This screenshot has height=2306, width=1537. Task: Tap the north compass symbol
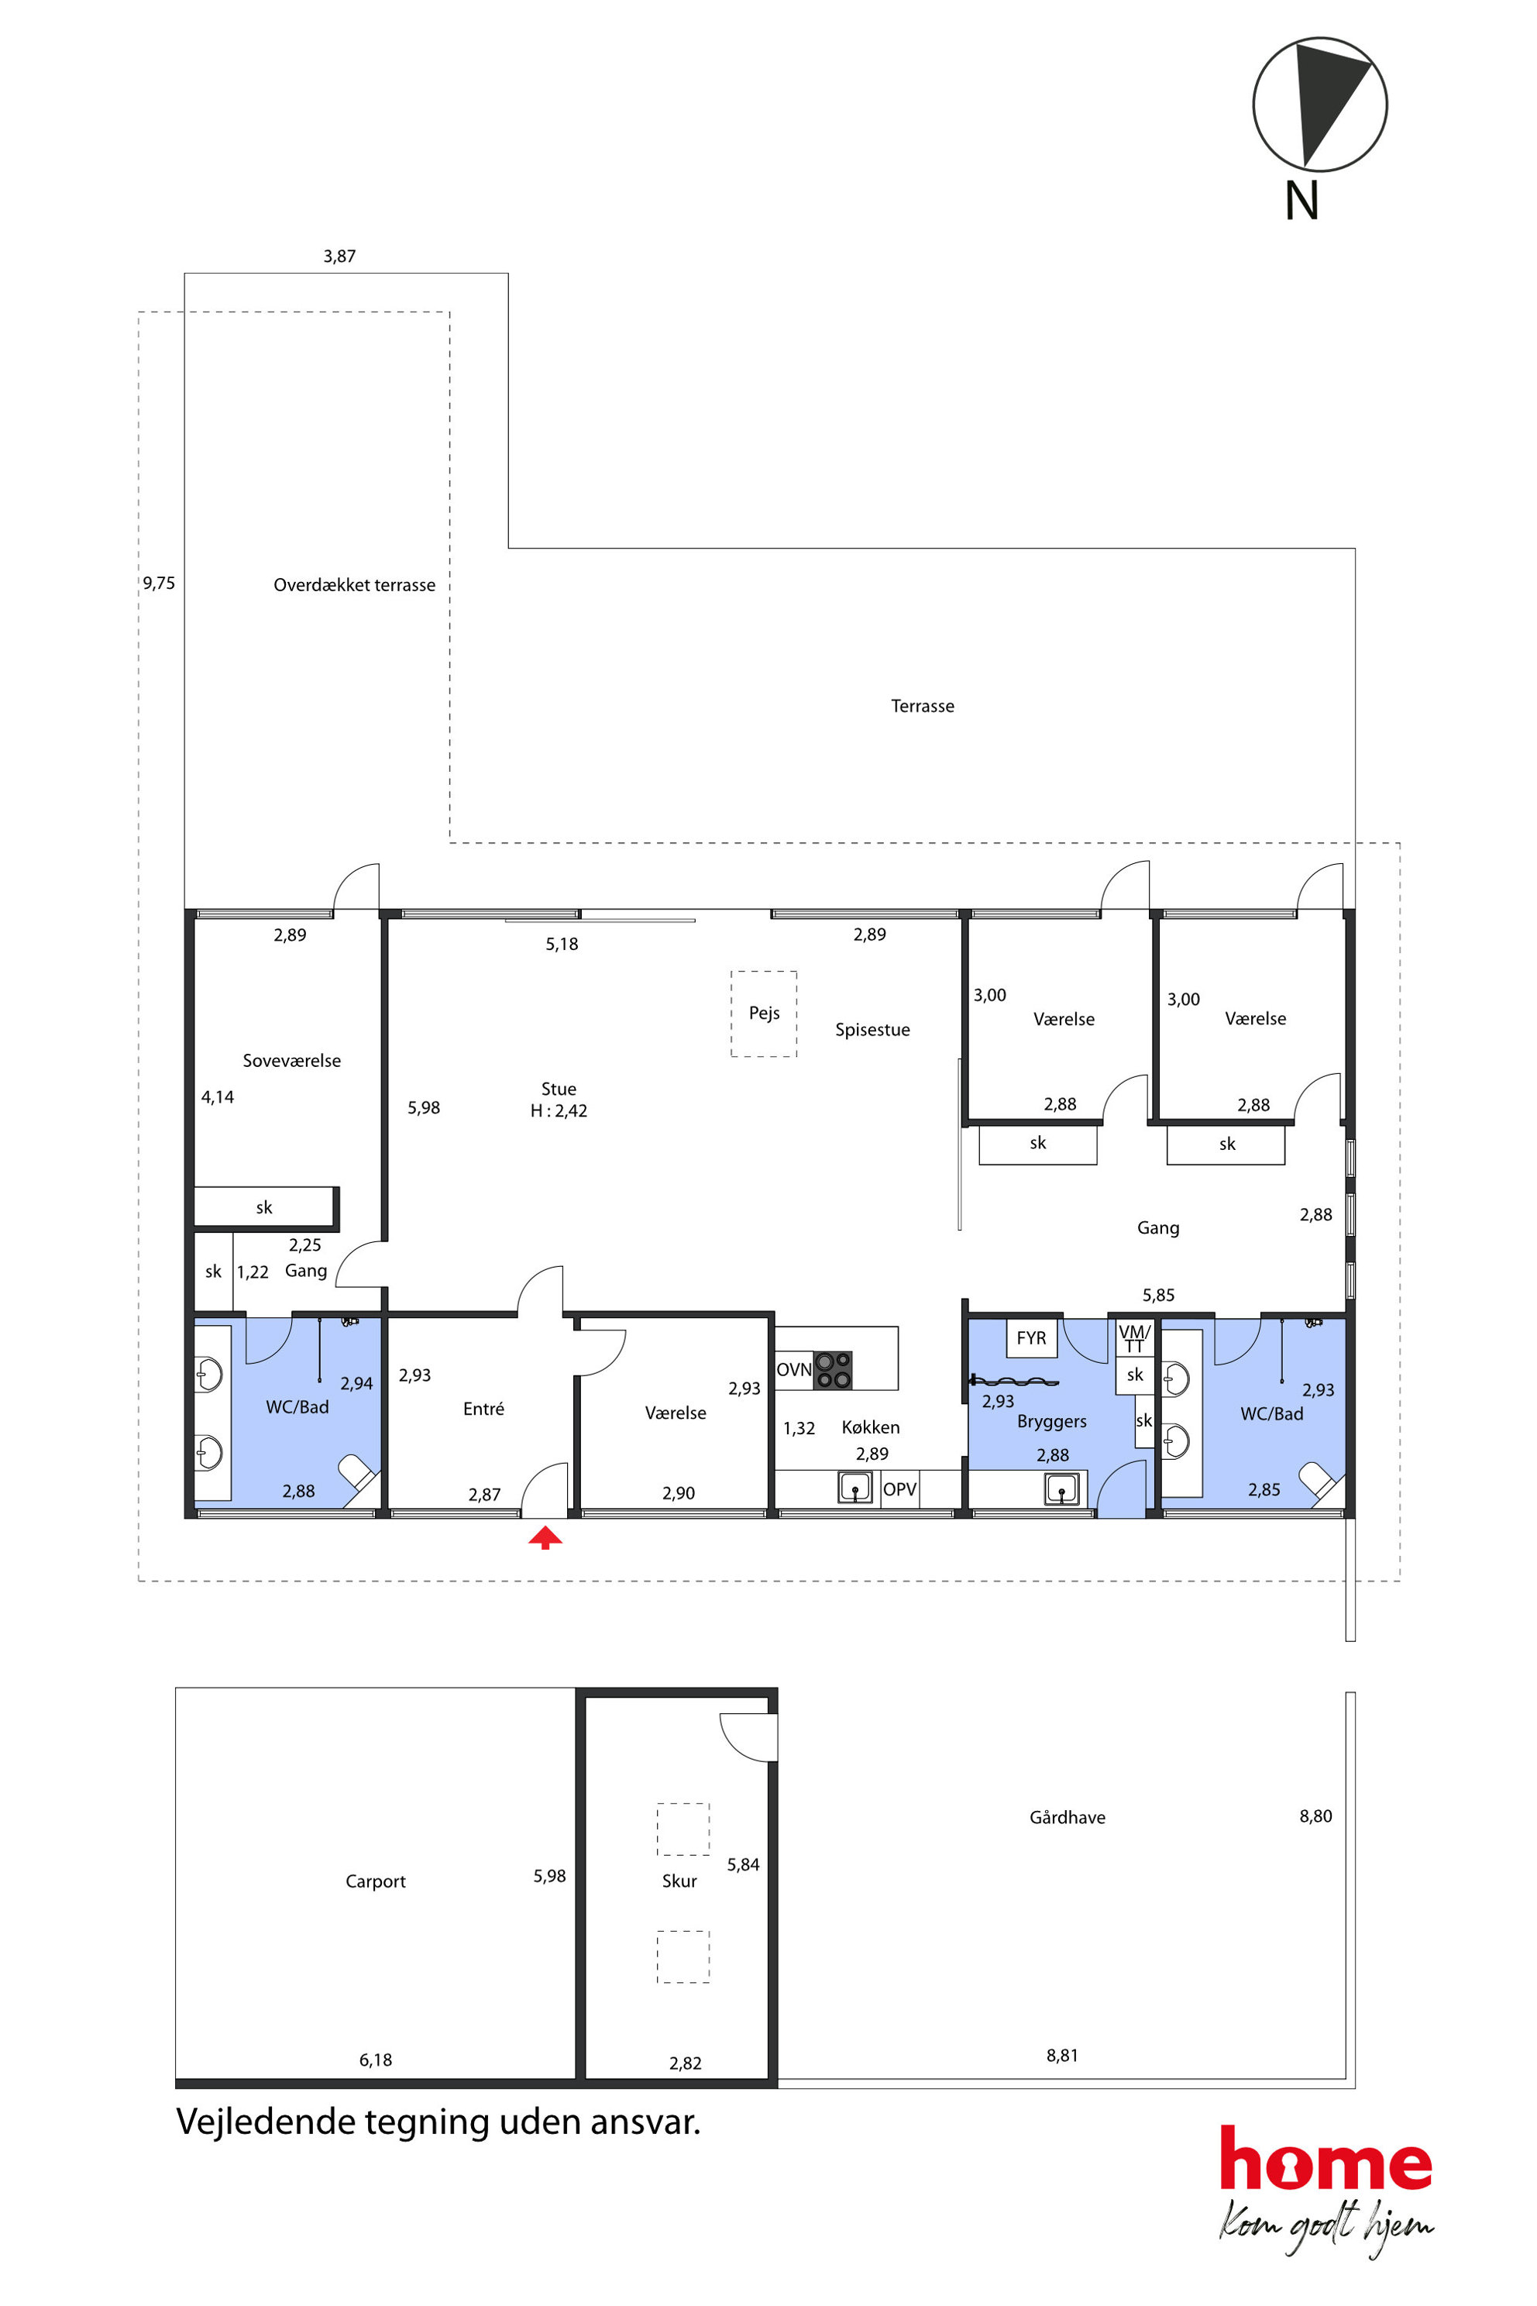tap(1319, 104)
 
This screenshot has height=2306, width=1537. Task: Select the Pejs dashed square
tap(764, 1014)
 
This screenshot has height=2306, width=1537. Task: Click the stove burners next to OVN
tap(834, 1370)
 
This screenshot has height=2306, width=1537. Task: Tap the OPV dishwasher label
tap(900, 1489)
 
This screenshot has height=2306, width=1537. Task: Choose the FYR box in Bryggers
tap(1031, 1338)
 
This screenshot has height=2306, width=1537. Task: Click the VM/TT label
tap(1134, 1338)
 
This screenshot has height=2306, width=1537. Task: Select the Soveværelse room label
tap(292, 1061)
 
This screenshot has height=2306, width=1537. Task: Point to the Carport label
tap(376, 1881)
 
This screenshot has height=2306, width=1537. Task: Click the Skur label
tap(679, 1881)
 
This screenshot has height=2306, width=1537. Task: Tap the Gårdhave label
tap(1068, 1817)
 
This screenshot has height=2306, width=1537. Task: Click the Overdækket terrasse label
tap(354, 585)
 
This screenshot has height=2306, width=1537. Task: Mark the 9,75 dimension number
tap(159, 583)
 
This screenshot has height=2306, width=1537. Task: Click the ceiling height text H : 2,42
tap(559, 1111)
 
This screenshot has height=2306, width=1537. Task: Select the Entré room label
tap(483, 1409)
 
